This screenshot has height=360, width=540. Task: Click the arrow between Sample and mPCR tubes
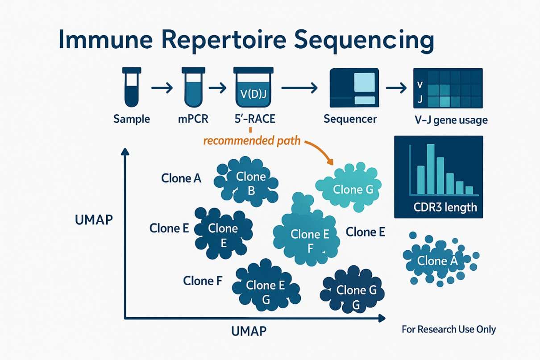162,88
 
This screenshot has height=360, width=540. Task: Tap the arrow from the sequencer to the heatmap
396,88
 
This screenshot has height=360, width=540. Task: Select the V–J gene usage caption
450,120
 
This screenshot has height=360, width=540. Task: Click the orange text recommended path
251,141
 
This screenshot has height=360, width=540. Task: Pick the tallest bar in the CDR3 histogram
431,169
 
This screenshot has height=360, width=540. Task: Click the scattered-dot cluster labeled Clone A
437,261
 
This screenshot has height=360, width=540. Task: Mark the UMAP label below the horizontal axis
249,331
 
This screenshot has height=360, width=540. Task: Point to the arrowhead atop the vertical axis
125,152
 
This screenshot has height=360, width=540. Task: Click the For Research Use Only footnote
449,330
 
